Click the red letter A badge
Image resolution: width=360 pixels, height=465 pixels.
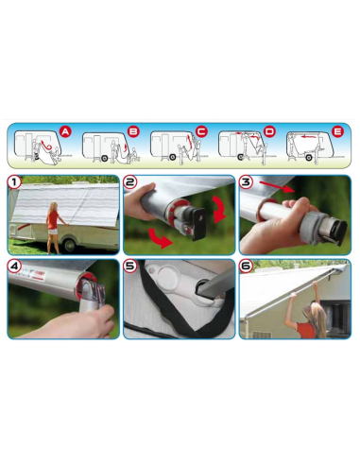click(x=65, y=131)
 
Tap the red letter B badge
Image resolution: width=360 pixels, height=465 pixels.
click(x=133, y=132)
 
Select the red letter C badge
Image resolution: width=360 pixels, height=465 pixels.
click(x=201, y=132)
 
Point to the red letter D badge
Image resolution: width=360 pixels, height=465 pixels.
click(x=270, y=132)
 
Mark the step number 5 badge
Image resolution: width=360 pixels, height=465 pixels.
click(x=132, y=267)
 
